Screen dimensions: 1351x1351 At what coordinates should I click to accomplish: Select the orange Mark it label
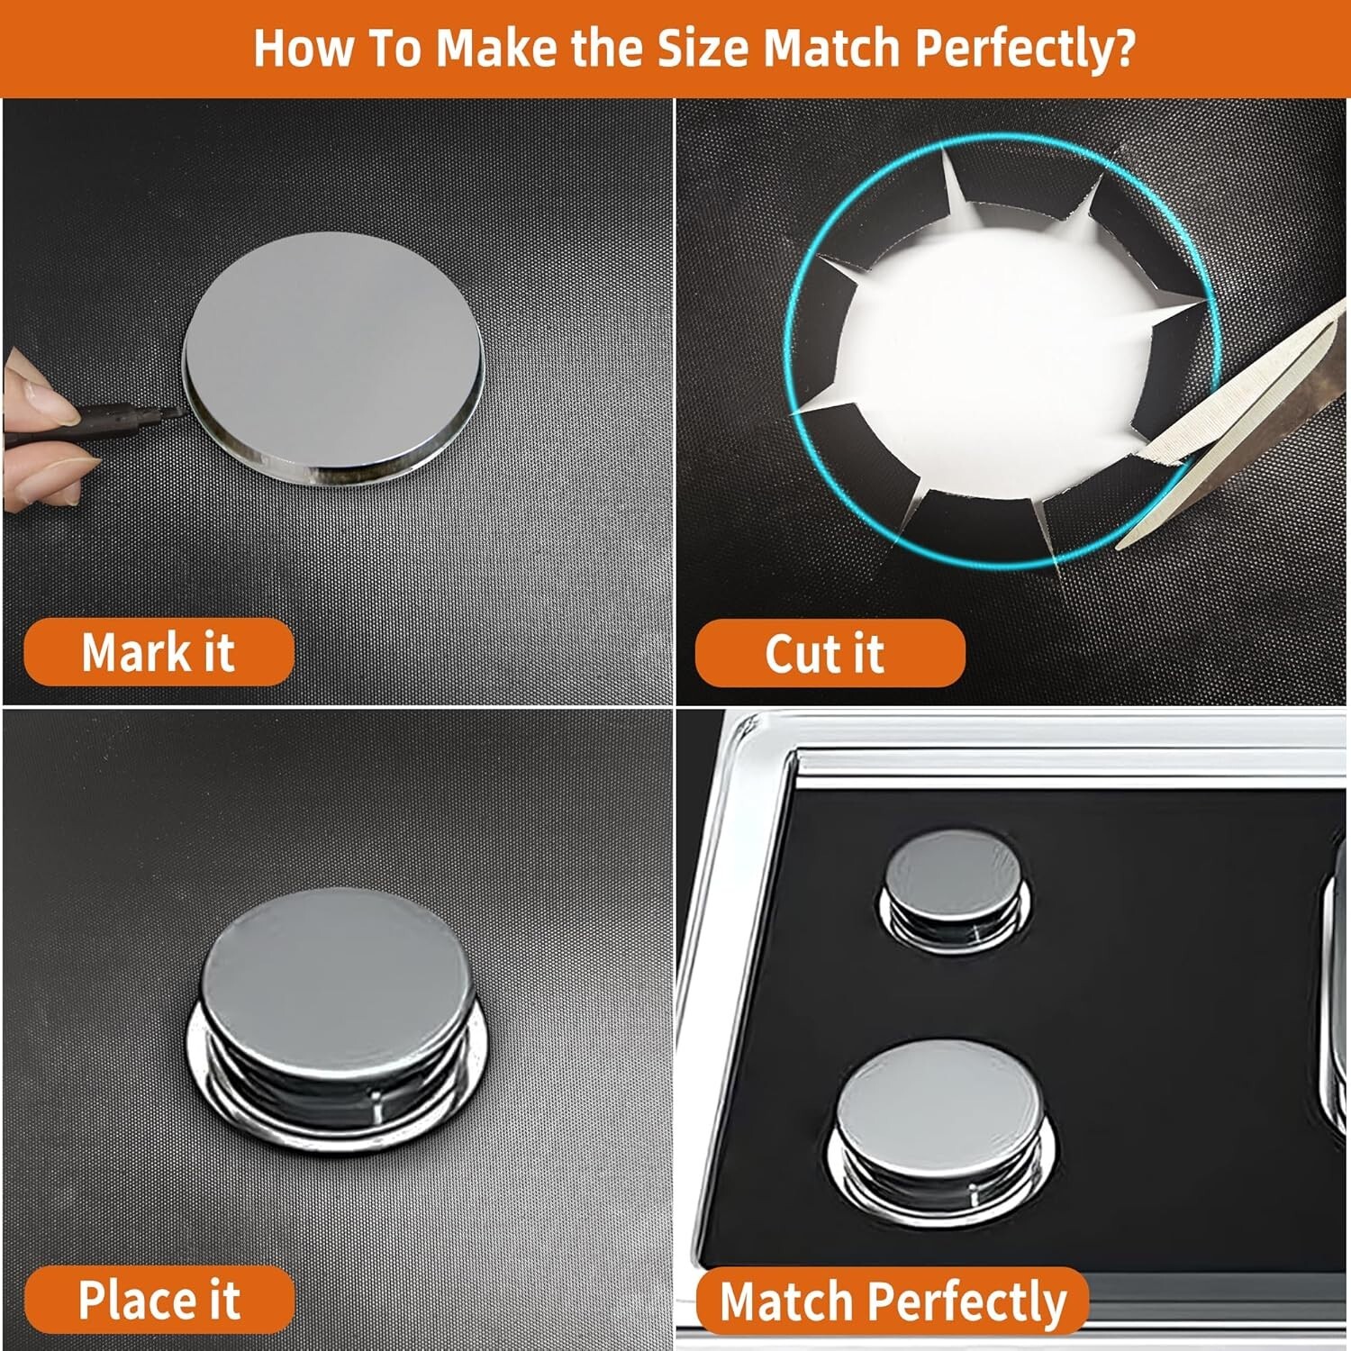click(x=159, y=652)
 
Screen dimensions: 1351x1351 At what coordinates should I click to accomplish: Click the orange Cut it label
click(x=830, y=653)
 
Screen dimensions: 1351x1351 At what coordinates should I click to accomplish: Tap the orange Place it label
click(x=159, y=1300)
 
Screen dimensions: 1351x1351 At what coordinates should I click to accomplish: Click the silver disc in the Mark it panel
click(x=332, y=358)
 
